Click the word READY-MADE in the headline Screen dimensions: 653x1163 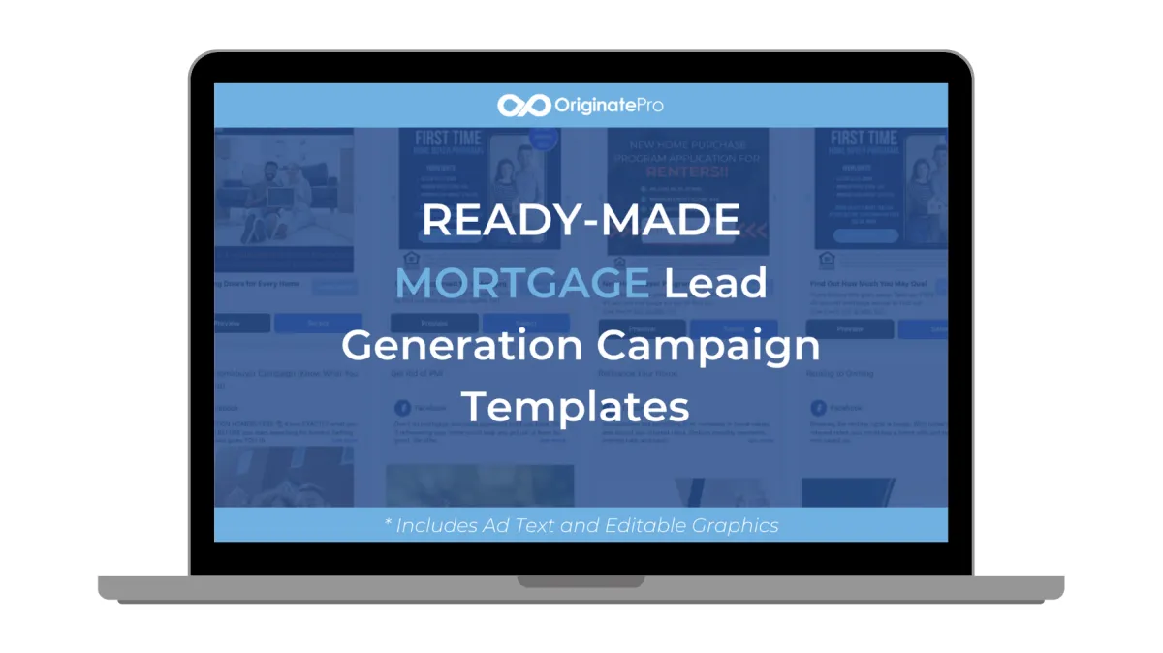(581, 221)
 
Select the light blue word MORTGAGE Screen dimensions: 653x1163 (522, 283)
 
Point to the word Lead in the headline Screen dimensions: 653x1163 (715, 283)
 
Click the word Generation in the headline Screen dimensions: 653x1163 (461, 345)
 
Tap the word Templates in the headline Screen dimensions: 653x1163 (575, 405)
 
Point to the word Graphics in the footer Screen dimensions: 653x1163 (736, 526)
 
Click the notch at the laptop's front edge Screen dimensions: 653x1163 (581, 582)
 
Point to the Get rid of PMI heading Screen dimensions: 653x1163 (416, 373)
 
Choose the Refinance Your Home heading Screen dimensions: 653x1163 (639, 373)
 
